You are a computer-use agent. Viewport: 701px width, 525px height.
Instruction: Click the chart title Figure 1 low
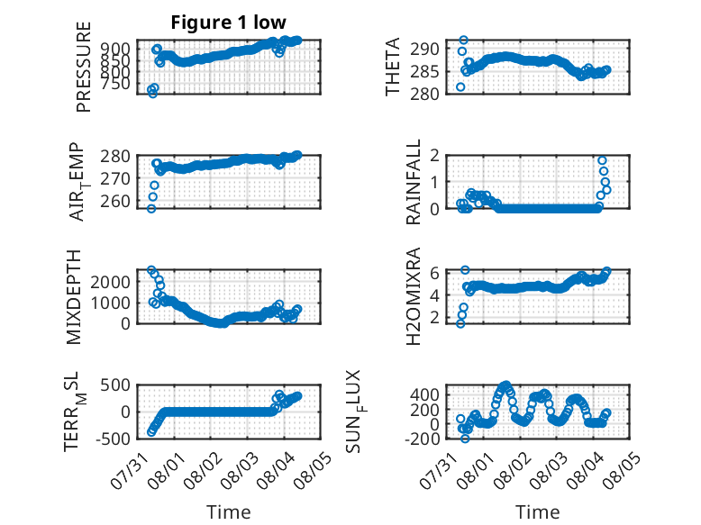(x=228, y=22)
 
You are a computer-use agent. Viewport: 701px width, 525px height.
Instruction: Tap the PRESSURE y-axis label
(x=84, y=67)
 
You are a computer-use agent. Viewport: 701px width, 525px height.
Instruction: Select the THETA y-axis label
(x=393, y=67)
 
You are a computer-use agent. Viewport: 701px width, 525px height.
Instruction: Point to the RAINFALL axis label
(x=414, y=181)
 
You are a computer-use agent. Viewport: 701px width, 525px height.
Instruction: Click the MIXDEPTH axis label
(x=74, y=297)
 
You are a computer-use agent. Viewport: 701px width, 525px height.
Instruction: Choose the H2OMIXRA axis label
(x=414, y=296)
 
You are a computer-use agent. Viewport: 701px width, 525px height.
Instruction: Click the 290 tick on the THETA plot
(x=424, y=49)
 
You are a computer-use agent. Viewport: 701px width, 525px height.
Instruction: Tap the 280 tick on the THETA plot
(x=424, y=94)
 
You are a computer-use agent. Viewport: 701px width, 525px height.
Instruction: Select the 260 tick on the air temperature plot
(x=115, y=202)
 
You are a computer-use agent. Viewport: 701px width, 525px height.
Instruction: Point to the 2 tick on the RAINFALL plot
(x=434, y=156)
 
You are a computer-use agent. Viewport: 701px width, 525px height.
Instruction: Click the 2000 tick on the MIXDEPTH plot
(x=111, y=282)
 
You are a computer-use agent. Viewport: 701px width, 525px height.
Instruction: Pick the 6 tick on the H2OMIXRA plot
(x=434, y=273)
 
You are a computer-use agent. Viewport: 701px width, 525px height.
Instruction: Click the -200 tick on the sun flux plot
(x=422, y=439)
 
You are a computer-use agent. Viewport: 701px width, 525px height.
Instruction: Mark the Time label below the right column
(x=537, y=512)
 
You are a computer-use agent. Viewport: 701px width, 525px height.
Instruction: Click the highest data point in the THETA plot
(x=464, y=41)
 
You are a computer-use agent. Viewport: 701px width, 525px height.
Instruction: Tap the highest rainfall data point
(x=602, y=160)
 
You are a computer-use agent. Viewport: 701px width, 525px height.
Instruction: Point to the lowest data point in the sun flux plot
(x=465, y=439)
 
